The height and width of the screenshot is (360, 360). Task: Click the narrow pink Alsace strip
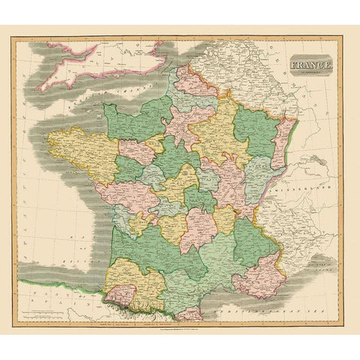coord(283,146)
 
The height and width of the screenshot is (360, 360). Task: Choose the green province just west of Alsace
coord(255,127)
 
